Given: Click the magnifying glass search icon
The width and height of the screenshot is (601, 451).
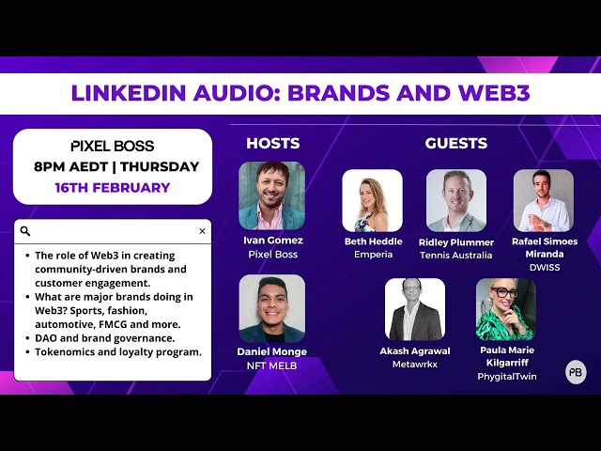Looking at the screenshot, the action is point(25,231).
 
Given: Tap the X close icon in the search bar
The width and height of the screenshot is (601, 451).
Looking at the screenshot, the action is point(202,231).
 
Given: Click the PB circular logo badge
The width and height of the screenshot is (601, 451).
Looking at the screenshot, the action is point(576,372).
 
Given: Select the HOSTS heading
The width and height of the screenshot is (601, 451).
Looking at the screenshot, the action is point(273,143).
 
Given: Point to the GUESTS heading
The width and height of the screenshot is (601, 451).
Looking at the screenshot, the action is point(456,143).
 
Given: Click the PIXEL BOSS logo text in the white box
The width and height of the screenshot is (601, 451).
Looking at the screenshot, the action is point(113,146).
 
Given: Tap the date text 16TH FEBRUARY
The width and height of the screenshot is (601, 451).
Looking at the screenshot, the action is point(113,188).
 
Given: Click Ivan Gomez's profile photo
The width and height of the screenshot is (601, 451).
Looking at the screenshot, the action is point(271,195).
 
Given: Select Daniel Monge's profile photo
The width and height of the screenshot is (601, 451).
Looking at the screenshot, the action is point(272,308).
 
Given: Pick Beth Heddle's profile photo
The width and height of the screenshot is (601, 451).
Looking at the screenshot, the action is point(372,200).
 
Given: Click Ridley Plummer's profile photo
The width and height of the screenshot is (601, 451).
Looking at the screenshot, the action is point(456,200).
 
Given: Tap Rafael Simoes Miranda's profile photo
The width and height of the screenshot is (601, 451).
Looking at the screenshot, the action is point(544,200).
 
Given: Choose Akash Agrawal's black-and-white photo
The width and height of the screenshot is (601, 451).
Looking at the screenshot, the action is point(415,309).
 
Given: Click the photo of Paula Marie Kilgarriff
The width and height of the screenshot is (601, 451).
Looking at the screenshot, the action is point(506,309).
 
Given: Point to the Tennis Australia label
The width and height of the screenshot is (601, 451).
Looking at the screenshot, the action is point(456,255).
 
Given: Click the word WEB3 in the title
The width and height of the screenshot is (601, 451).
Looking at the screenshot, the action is point(494,93).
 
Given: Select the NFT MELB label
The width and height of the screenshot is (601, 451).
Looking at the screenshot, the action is point(271,365).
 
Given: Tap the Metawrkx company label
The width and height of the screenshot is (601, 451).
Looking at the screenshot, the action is point(415,364).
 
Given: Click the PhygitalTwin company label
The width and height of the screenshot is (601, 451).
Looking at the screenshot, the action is point(507,377).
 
